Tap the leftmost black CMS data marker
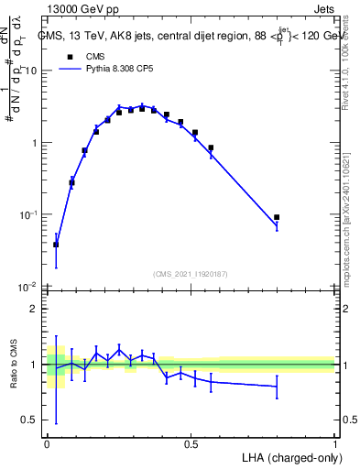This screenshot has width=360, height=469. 56,245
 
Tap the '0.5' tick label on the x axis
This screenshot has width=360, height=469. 191,443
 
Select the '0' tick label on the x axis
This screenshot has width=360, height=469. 47,443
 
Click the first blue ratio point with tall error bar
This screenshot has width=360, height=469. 56,369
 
